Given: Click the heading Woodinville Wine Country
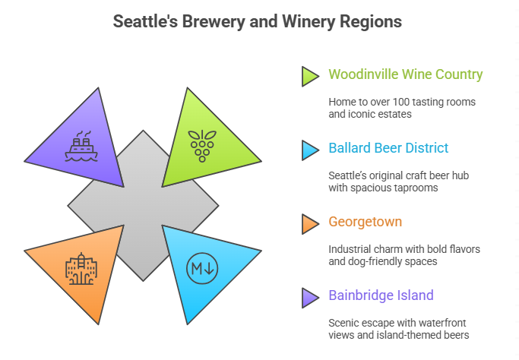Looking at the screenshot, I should tap(405, 74).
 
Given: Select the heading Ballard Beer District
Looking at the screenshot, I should tap(388, 148).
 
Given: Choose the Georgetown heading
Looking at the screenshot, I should tap(366, 222).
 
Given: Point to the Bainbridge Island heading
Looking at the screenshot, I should tap(382, 295).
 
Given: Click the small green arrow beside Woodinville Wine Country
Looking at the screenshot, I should tap(309, 76).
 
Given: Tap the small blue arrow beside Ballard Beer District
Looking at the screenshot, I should tap(309, 150).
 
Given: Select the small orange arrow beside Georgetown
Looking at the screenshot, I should tap(309, 223).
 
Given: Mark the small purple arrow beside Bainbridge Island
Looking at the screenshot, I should tap(309, 297).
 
